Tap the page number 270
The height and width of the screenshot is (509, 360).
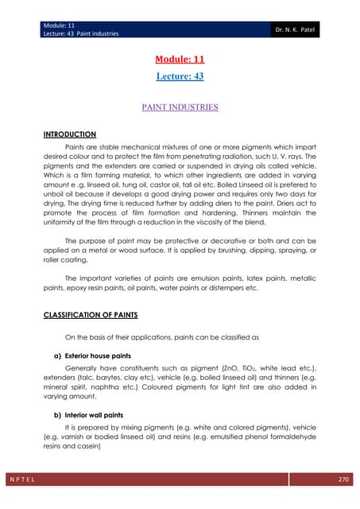click(344, 481)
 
